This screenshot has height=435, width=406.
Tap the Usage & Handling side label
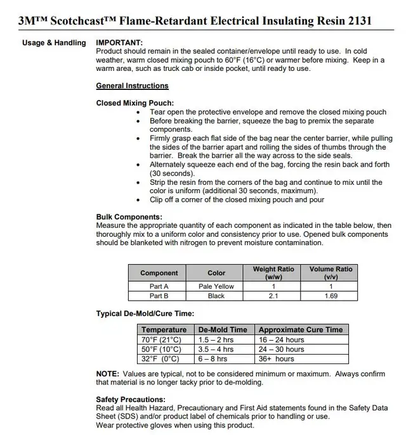tap(54, 43)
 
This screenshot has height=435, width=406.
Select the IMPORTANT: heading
tap(119, 43)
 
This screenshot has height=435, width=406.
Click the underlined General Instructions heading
tap(132, 85)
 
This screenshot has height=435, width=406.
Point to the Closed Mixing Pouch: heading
tap(134, 103)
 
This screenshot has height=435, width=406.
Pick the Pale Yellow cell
tap(216, 286)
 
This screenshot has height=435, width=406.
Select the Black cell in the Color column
tap(216, 296)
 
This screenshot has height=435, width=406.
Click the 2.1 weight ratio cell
tap(273, 296)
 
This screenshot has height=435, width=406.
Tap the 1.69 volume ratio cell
tap(331, 296)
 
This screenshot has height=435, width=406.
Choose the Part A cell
tap(159, 286)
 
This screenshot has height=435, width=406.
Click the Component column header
tap(159, 273)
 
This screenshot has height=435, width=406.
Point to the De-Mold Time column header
tap(223, 330)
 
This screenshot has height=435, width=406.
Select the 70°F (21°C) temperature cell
tap(164, 340)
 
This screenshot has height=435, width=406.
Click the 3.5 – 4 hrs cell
tap(216, 350)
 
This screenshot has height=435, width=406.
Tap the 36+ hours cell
tap(277, 359)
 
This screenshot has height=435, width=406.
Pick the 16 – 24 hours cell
tap(282, 340)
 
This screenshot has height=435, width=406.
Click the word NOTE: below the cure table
tap(107, 374)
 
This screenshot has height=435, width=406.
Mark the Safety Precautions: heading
tap(131, 400)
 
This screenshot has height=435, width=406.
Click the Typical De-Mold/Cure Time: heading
tap(145, 313)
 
